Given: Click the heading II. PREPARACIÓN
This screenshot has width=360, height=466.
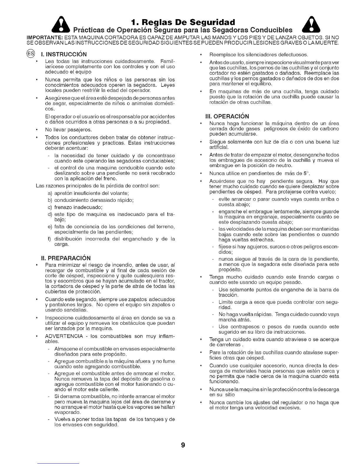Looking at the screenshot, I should point(66,258).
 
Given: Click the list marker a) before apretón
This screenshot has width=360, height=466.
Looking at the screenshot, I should point(50,193).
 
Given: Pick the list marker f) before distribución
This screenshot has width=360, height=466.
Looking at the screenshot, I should point(50,239).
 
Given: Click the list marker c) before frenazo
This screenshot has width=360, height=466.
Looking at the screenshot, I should point(50,207).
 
